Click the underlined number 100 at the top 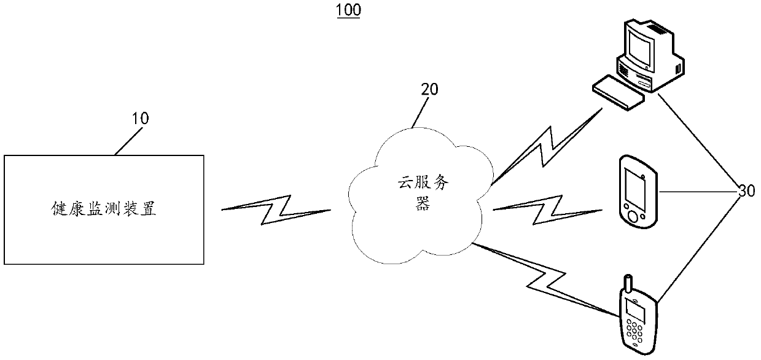click(x=348, y=10)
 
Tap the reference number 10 click(x=141, y=118)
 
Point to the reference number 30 click(x=746, y=192)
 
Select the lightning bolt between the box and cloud click(x=276, y=209)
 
